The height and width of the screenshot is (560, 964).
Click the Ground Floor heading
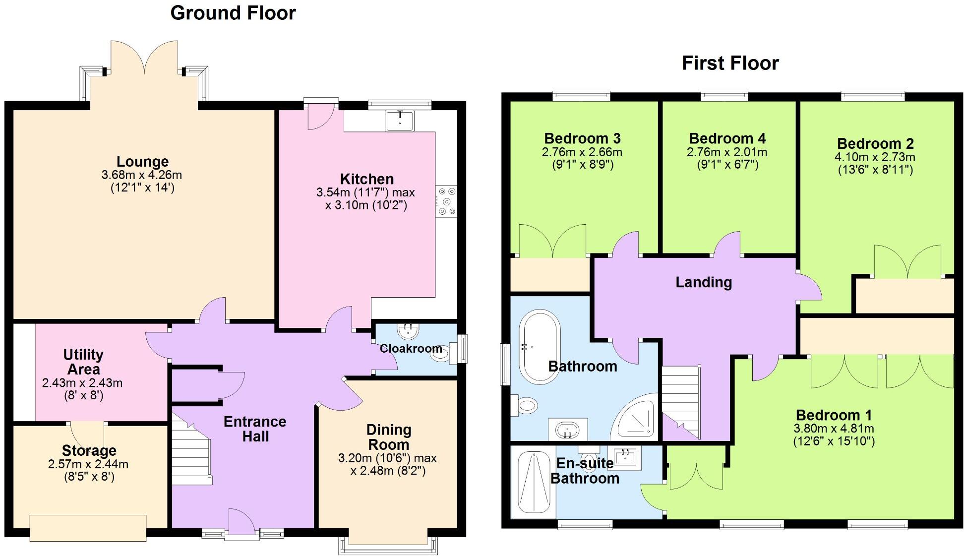coord(233,13)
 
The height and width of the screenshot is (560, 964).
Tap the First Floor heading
coord(730,63)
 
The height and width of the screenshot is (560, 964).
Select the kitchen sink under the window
coord(400,121)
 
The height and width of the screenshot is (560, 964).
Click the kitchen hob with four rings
coord(446,201)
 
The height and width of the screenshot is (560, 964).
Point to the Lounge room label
coord(142,161)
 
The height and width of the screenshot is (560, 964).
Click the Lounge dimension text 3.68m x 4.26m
coord(142,175)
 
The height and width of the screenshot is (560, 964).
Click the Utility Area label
coord(83,362)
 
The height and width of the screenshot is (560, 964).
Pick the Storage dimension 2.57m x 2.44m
coord(88,465)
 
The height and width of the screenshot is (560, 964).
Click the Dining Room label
coord(388,437)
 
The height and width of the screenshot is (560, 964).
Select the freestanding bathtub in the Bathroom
coord(540,347)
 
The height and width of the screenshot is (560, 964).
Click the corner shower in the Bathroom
coord(638,417)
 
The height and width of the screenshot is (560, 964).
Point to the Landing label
coord(704,282)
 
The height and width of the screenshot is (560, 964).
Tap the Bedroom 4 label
coord(727,138)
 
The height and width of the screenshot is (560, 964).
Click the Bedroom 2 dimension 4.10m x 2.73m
coord(875,157)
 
